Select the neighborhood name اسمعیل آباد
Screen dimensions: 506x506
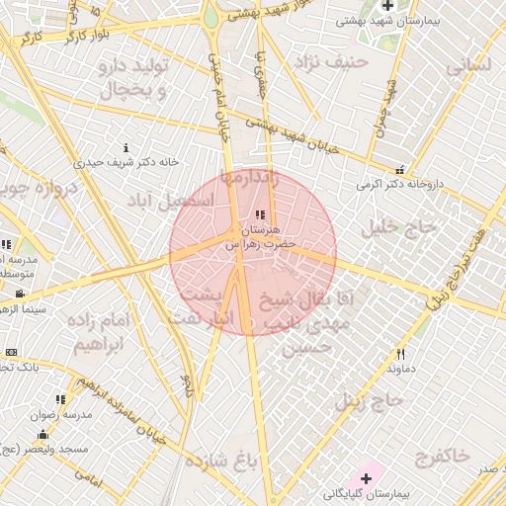point(171,200)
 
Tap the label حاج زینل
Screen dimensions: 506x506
point(371,400)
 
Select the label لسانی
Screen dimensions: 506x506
point(468,68)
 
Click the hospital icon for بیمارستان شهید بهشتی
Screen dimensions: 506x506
point(388,6)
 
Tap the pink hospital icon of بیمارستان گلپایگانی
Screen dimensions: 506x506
point(366,478)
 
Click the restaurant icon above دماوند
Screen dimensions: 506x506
point(401,354)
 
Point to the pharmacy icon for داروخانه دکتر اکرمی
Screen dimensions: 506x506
point(400,169)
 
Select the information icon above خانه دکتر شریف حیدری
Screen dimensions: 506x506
point(126,147)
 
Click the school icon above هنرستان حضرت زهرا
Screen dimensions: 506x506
point(260,214)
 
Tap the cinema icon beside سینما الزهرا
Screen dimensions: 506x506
point(20,294)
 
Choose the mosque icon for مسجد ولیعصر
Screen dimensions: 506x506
point(42,435)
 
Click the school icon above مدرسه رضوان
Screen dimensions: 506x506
point(60,399)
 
